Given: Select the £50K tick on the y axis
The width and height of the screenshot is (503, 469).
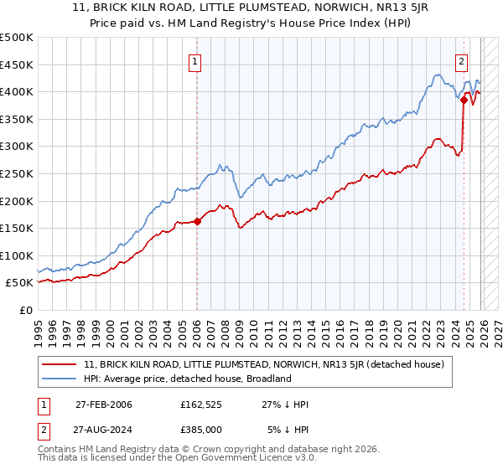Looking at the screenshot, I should tap(20, 283).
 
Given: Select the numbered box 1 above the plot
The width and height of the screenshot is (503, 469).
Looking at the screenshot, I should tap(195, 60).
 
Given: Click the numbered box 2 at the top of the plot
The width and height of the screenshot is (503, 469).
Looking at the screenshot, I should tap(462, 60).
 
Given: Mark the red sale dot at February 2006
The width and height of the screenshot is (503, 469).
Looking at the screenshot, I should tap(197, 222).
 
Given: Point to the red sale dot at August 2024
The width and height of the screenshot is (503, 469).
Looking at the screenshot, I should tap(464, 100).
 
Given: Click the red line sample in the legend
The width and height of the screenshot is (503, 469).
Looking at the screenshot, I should tap(60, 363).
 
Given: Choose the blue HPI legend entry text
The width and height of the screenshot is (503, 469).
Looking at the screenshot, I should tap(187, 379).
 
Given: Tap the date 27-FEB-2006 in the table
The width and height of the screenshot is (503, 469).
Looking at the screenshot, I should tap(103, 405).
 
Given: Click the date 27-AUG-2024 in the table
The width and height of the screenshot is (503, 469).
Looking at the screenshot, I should tap(103, 428).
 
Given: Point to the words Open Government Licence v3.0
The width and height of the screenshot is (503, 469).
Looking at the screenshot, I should tap(244, 460).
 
